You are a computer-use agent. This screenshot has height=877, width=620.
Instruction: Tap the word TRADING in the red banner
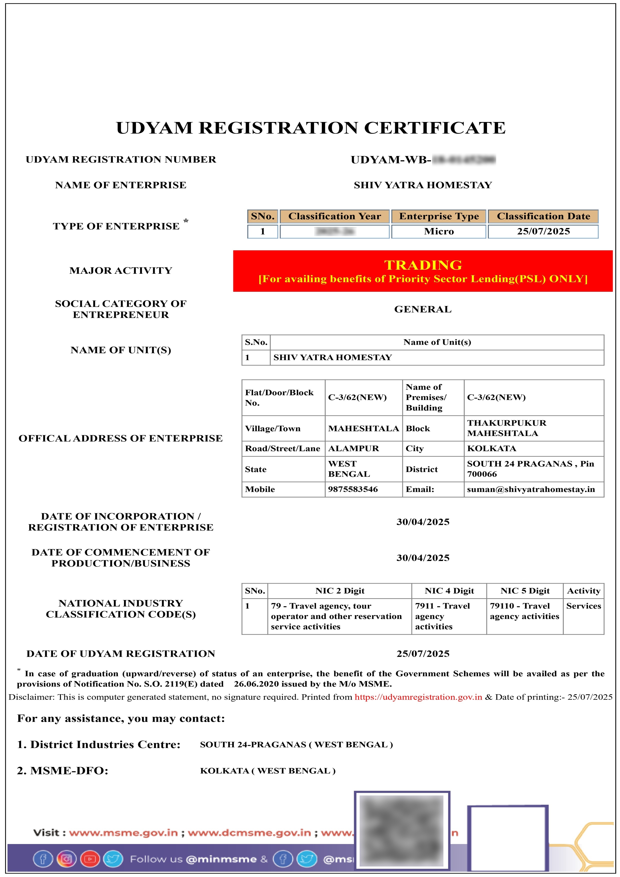coord(423,265)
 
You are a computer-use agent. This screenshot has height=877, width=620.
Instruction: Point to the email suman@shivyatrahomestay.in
coord(530,489)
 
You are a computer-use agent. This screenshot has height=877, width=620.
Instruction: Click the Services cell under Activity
coord(583,606)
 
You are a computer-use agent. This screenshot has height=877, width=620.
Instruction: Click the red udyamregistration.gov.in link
coord(418,697)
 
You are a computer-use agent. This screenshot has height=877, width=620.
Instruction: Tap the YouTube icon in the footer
coord(90,859)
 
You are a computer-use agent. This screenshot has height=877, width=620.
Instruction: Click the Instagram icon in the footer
coord(66,859)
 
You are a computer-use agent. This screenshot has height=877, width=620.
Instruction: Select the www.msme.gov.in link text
coord(123,833)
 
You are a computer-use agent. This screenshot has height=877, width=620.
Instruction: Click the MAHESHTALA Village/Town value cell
coord(363,428)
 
